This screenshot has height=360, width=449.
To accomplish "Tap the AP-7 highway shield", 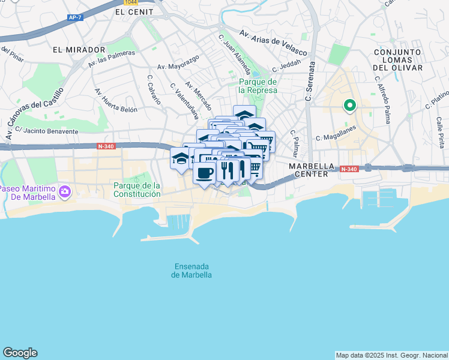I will (74, 18).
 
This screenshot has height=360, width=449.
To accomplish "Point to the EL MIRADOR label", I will (79, 50).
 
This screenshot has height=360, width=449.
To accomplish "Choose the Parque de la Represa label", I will (258, 86).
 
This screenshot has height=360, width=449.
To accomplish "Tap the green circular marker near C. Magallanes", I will (349, 106).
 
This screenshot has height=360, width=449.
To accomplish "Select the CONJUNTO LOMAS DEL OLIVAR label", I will (397, 60).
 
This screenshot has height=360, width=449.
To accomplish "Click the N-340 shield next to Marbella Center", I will (349, 170).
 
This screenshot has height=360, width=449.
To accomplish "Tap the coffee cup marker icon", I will (205, 173).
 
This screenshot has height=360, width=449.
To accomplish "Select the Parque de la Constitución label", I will (137, 190).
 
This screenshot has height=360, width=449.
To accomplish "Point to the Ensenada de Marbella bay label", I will (192, 271).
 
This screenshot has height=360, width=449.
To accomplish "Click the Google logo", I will (20, 353).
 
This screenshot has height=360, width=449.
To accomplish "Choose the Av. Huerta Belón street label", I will (116, 100).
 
